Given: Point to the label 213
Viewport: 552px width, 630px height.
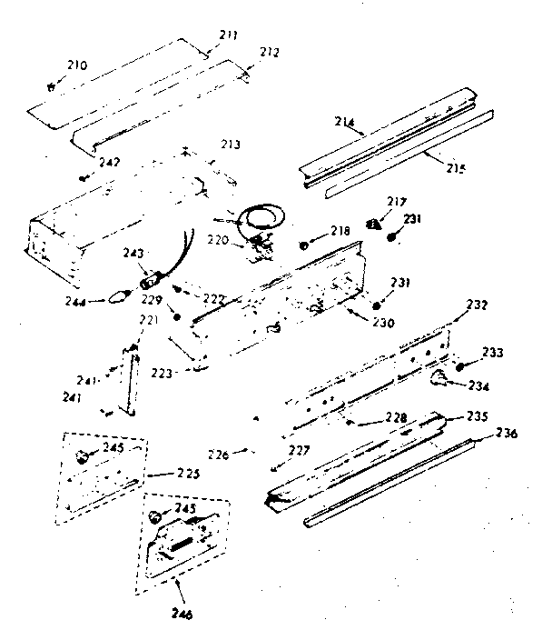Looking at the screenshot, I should click(231, 144).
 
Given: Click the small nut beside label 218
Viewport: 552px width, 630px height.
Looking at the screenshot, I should click(305, 244).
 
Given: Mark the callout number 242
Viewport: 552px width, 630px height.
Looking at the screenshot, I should click(109, 162).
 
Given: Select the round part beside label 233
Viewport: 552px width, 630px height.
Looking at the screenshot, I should click(460, 367).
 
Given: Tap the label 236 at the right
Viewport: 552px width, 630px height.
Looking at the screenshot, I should click(506, 434).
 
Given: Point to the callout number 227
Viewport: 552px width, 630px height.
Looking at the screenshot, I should click(300, 449).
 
